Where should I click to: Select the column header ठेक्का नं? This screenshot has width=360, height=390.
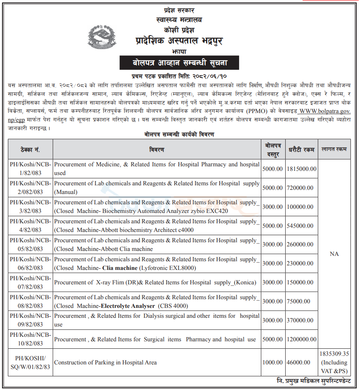coord(31,149)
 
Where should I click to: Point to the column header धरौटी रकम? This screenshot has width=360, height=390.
coord(301,149)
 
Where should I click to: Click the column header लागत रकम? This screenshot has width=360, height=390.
coord(334,149)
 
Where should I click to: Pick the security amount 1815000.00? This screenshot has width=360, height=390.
coord(301,169)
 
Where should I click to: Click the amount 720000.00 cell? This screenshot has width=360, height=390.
coord(300,188)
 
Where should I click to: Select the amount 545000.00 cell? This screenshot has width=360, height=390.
coord(300,226)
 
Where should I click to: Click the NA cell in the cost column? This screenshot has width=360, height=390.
coord(334,254)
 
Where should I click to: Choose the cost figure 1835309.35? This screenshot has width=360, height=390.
coord(334,354)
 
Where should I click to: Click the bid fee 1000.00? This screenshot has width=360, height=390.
coord(273,363)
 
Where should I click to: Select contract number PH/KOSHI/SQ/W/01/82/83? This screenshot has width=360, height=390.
coord(31,363)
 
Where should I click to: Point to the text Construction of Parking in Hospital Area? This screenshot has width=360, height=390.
coord(106,363)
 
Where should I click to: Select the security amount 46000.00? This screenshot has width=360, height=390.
coord(298,363)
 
